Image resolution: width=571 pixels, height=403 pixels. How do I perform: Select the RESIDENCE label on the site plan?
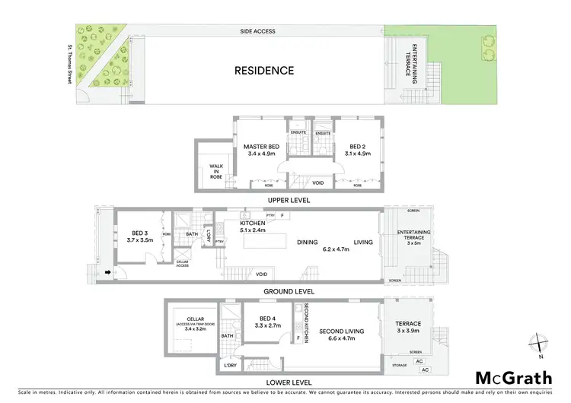coord(263,71)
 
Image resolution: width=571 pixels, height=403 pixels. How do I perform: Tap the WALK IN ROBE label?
coord(215,169)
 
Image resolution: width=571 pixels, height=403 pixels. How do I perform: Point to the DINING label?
coord(308,242)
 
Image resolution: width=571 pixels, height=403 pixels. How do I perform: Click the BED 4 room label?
coord(269,322)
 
